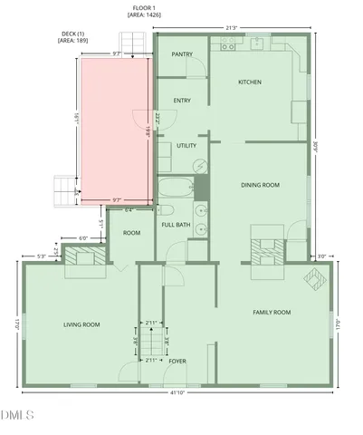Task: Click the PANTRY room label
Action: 182,55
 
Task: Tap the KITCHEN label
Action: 250,82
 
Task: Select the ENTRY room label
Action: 182,101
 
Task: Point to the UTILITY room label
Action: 186,145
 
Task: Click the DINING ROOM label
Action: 260,185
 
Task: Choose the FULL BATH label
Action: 176,224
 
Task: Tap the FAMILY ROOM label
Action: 271,312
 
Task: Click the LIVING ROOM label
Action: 81,324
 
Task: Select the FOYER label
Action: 177,361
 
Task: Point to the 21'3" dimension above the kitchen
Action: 233,28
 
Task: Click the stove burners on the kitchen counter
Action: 224,42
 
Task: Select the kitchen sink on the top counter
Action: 257,42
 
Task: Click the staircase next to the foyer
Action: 156,342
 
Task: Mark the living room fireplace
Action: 88,258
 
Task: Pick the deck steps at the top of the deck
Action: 132,44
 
